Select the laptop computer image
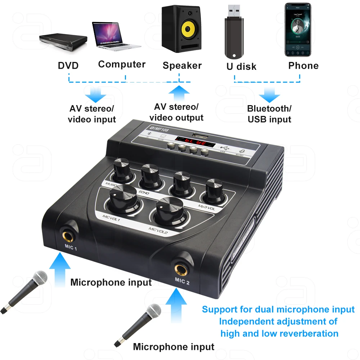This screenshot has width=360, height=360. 115,35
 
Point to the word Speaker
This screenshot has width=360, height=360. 182,66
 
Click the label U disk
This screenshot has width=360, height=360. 241,66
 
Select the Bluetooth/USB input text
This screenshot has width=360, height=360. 269,114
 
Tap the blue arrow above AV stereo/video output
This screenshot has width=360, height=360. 179,93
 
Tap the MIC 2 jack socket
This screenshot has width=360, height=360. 182,268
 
